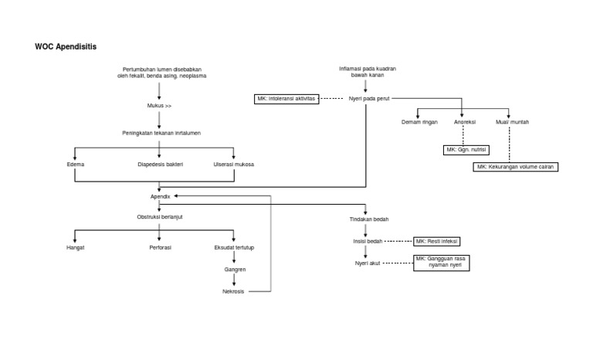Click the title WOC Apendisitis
coord(66,47)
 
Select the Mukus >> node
coord(159,105)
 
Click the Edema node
coord(75,164)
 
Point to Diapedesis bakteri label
coord(159,164)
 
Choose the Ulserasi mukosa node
coord(234,164)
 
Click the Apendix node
coord(159,197)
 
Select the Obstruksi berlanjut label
coord(159,217)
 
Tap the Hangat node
coord(75,247)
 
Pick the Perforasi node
coord(159,247)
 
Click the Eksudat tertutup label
coord(235,247)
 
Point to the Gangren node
coord(235,270)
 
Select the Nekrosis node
coord(235,292)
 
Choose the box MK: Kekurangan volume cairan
coord(516,167)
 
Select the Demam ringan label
coord(419,122)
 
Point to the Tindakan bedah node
coord(365,219)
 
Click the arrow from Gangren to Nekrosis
coord(235,281)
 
